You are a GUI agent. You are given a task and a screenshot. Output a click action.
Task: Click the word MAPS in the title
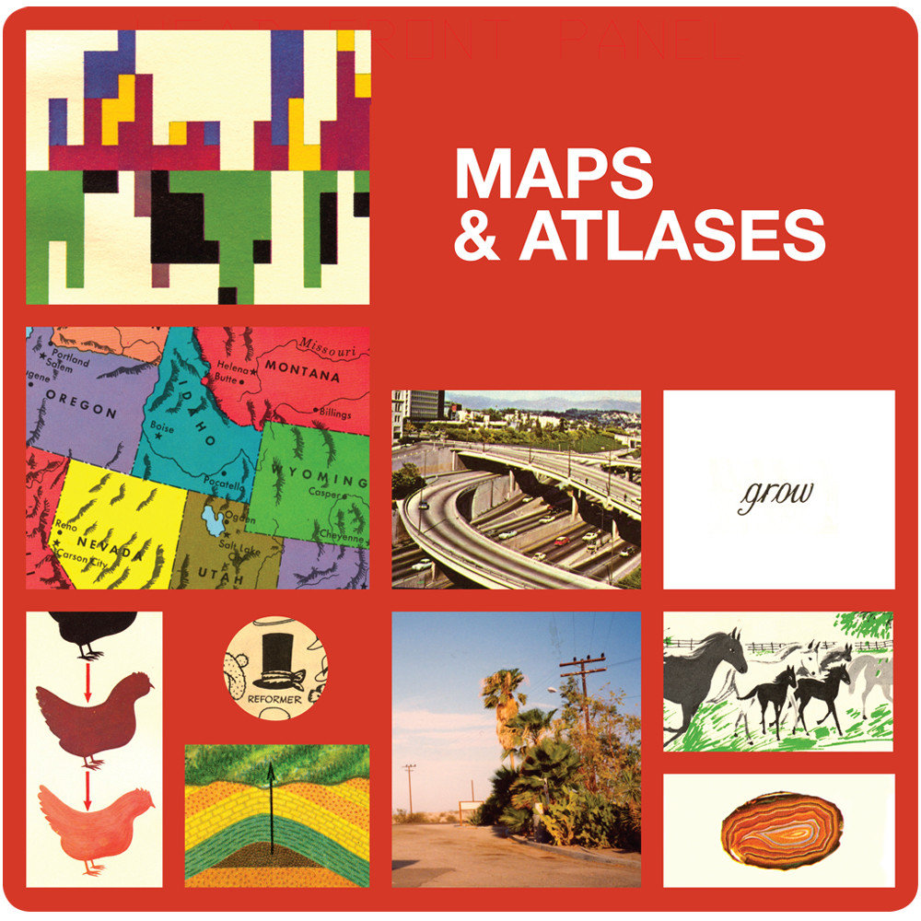point(554,173)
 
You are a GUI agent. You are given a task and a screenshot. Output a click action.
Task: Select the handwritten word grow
point(775,496)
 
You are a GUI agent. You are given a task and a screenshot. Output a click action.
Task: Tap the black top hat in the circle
point(274,658)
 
